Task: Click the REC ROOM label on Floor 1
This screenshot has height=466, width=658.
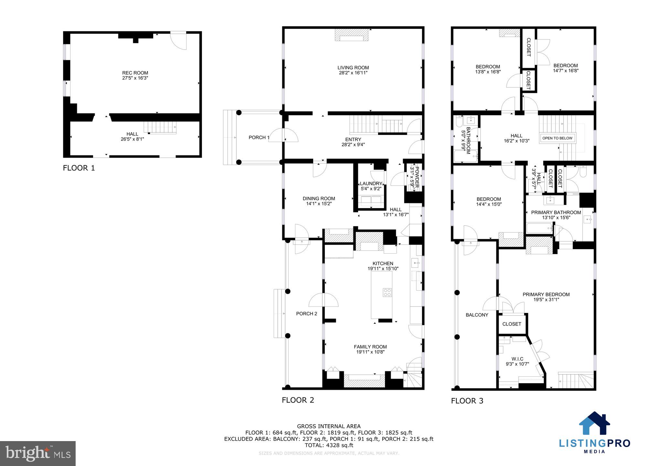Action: click(x=135, y=73)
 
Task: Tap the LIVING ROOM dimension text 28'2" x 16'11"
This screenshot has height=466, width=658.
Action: click(x=353, y=73)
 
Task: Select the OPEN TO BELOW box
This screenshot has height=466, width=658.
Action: click(x=557, y=138)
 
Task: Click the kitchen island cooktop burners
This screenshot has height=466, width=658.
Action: click(x=387, y=293)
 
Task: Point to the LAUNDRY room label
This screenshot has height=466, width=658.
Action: click(x=371, y=183)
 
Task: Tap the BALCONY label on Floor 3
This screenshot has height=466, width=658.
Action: click(x=477, y=315)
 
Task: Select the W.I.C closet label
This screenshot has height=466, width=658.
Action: click(x=517, y=359)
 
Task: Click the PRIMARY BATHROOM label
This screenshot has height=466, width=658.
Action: click(x=556, y=213)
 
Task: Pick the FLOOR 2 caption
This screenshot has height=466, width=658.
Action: click(x=298, y=400)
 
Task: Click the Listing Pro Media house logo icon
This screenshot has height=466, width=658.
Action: click(x=594, y=423)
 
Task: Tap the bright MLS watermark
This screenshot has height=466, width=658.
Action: click(x=37, y=453)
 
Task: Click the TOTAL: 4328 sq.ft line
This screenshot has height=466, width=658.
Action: click(x=329, y=445)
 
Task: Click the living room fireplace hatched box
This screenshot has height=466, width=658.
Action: click(x=352, y=35)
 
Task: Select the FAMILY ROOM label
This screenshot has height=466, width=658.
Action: click(x=370, y=347)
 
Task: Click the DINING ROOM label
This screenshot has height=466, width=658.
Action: click(x=319, y=199)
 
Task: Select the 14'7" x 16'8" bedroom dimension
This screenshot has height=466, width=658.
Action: click(x=565, y=71)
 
